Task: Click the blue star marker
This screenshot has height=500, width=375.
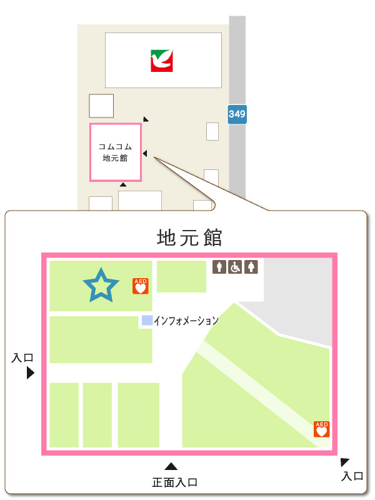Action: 101,286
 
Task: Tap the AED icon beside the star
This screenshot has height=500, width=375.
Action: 141,286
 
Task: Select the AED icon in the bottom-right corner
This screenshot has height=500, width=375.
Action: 321,429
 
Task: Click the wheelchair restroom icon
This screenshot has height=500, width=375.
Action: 235,267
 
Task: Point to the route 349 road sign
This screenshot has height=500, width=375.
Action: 237,114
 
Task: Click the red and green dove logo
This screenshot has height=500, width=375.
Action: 162,61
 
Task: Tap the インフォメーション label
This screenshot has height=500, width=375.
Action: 186,321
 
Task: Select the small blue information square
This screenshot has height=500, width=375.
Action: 147,321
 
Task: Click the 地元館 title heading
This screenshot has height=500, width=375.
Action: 189,238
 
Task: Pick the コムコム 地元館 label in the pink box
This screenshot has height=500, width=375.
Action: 116,152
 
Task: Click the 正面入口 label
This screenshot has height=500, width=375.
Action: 175,482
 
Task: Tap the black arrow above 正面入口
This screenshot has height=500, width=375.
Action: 171,466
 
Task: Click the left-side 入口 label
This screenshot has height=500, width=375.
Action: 22,358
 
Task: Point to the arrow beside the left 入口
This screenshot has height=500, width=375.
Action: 29,373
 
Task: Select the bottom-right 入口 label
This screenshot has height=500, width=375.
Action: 352,476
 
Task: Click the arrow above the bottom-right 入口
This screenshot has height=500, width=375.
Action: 344,462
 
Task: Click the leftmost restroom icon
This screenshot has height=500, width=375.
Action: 219,267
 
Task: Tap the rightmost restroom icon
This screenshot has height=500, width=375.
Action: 251,267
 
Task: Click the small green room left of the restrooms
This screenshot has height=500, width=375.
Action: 181,276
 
